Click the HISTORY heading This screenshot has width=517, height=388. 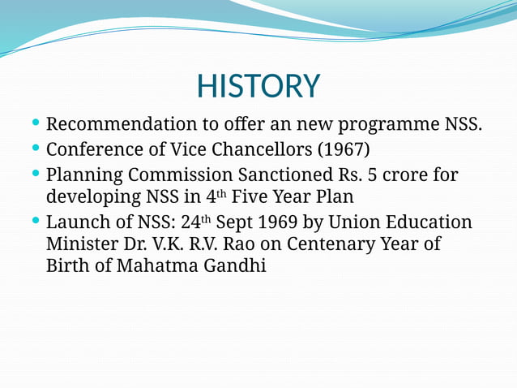tap(258, 86)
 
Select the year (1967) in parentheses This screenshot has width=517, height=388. tap(343, 150)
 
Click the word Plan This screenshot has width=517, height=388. tap(334, 197)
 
